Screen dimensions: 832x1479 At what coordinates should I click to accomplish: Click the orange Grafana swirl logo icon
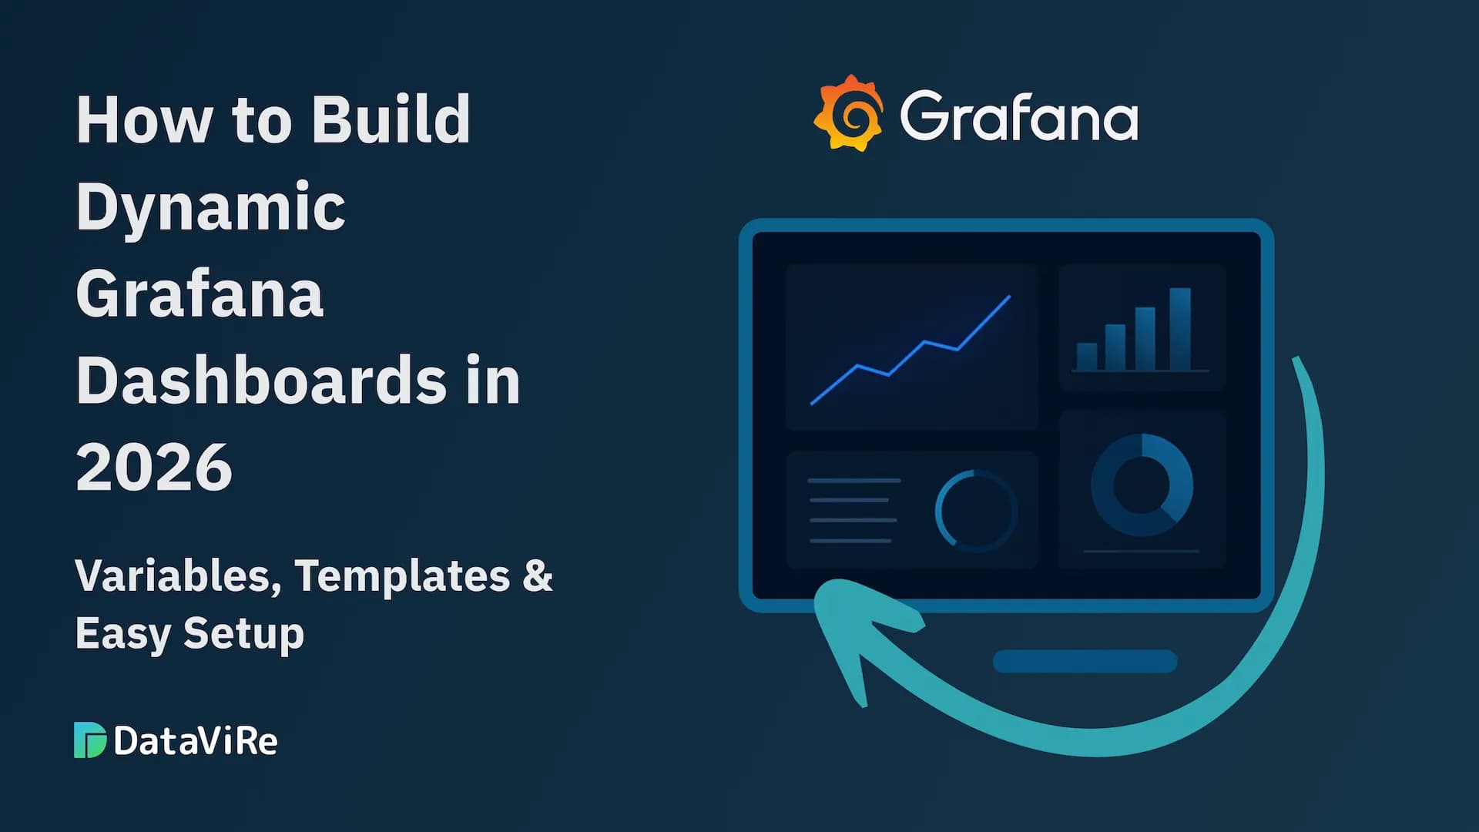click(x=849, y=113)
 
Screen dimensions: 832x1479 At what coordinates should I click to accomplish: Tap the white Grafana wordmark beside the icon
click(x=1018, y=116)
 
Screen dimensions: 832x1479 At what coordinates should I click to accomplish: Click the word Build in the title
click(x=391, y=120)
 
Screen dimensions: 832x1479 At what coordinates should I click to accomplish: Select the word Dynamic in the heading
click(x=210, y=207)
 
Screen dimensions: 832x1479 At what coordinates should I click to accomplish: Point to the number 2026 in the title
click(x=154, y=467)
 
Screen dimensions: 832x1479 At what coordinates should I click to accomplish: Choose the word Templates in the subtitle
click(x=402, y=575)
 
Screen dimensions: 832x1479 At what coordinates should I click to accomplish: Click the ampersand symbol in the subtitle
click(x=538, y=575)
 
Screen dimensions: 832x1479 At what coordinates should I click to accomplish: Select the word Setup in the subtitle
click(x=243, y=633)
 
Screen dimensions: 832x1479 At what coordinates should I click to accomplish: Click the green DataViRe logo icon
click(x=89, y=740)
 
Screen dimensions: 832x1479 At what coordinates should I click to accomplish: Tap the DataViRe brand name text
click(x=196, y=741)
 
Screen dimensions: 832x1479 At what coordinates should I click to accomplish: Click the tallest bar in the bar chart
click(x=1179, y=329)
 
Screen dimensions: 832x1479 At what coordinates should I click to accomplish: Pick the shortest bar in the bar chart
click(x=1086, y=356)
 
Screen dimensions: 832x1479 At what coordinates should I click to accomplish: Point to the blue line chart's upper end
click(x=1008, y=297)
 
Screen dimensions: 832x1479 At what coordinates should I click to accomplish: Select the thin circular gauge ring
click(x=976, y=510)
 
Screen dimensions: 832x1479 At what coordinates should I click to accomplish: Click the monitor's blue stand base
click(x=1085, y=661)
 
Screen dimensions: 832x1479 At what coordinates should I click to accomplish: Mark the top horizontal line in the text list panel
click(x=854, y=481)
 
